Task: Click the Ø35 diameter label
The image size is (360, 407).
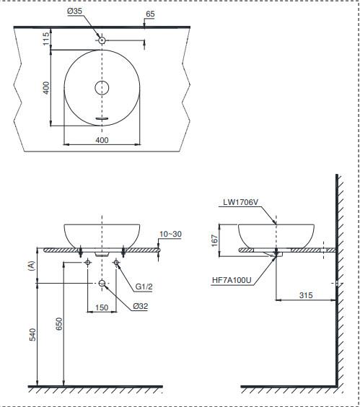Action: click(75, 11)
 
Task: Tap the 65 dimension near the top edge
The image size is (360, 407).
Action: click(150, 14)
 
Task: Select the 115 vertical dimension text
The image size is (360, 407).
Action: click(45, 39)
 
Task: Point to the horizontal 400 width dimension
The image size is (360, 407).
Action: click(102, 140)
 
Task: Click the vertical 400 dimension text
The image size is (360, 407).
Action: click(45, 88)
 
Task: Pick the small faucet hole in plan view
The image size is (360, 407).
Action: click(102, 40)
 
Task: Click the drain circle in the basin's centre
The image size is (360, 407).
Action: click(102, 88)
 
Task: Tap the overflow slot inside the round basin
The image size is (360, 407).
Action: click(102, 118)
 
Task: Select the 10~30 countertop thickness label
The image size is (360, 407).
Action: click(170, 234)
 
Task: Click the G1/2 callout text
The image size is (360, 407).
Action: click(144, 286)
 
